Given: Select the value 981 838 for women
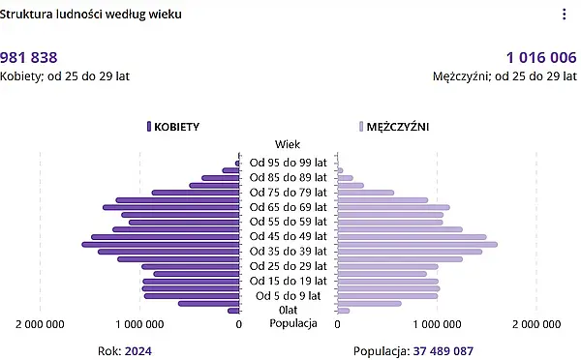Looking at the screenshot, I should point(29,57).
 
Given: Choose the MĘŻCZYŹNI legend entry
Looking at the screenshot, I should point(394,127).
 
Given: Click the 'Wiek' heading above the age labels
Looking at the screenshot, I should point(288,144).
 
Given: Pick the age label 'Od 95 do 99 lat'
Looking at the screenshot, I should point(288,163).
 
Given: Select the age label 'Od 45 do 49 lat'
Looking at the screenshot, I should point(288,236).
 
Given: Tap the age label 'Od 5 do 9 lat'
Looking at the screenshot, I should point(288,295).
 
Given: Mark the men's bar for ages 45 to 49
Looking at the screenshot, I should point(412,236).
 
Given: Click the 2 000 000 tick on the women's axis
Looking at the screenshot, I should point(41,324).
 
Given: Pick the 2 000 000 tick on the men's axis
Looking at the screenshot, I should point(536,324).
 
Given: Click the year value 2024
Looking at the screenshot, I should point(138,351).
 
